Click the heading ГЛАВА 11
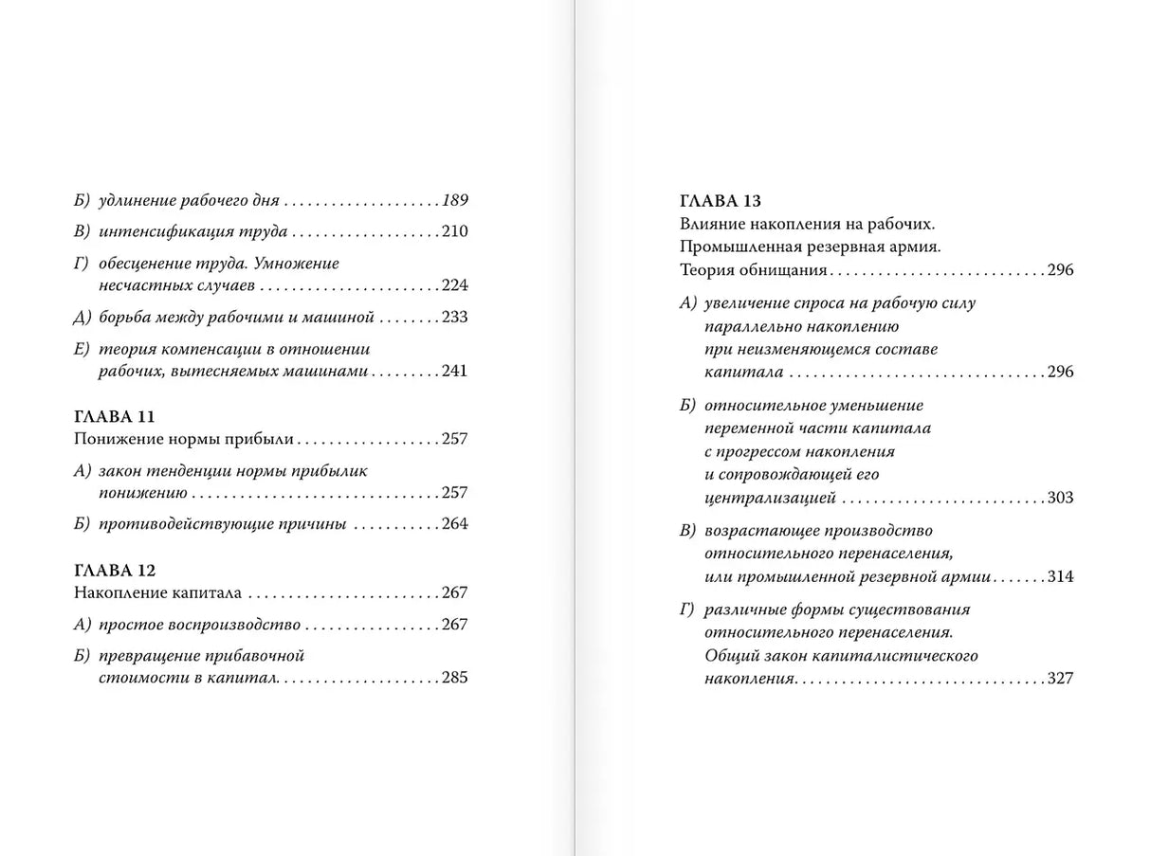[114, 416]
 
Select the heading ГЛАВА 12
[114, 570]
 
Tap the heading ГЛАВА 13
[721, 201]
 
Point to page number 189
[455, 201]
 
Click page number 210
[455, 231]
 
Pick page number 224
[455, 285]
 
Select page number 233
[455, 317]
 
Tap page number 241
[455, 371]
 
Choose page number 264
[455, 523]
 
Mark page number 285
[455, 677]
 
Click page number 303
[1061, 498]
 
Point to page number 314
[1061, 576]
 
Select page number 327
[1061, 678]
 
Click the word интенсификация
[155, 231]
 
